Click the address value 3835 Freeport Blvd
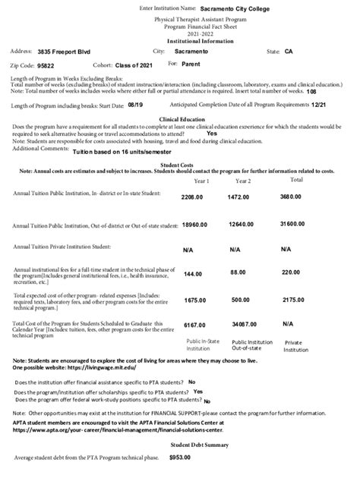tap(64, 52)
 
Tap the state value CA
tap(289, 51)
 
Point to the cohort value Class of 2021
tap(136, 66)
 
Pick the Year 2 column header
tap(243, 181)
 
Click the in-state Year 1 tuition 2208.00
tap(192, 197)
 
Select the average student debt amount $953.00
tap(179, 458)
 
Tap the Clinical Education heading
tap(180, 119)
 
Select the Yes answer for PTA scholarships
tap(197, 392)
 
